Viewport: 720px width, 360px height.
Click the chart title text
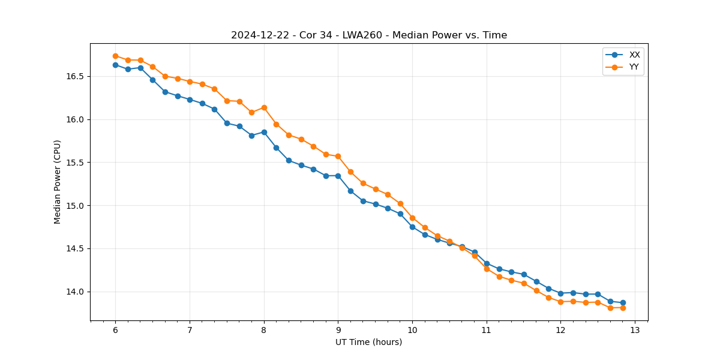[369, 35]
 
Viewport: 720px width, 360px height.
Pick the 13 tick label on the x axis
[635, 331]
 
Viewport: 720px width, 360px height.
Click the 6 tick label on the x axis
[115, 331]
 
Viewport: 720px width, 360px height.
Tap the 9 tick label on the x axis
[338, 331]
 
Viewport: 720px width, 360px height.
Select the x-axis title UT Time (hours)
[368, 343]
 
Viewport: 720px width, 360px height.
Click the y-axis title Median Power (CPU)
[58, 182]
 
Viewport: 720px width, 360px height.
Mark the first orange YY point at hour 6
[115, 56]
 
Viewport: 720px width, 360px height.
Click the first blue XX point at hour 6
[115, 65]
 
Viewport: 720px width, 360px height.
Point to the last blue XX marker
[623, 303]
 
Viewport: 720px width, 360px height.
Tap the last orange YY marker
[623, 308]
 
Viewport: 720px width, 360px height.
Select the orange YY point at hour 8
[264, 107]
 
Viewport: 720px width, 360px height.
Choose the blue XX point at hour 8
[264, 132]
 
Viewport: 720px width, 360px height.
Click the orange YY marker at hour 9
[338, 156]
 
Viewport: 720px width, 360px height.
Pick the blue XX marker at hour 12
[560, 293]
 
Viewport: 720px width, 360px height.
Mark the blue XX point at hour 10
[412, 227]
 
